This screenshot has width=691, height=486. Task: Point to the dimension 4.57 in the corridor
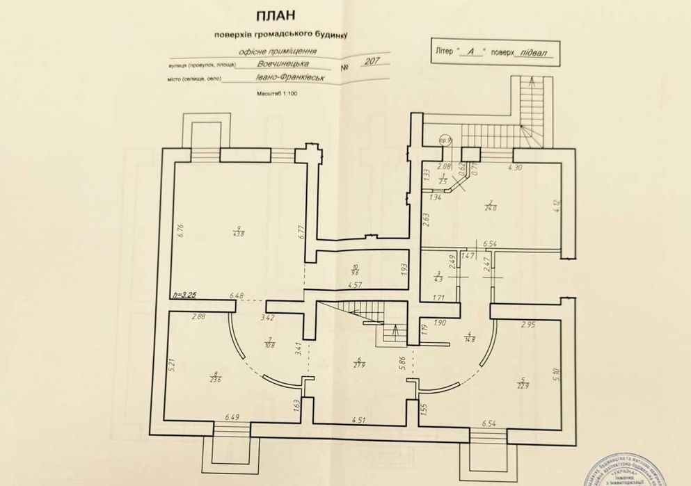(x=356, y=286)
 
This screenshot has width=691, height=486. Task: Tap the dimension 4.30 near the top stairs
(x=516, y=168)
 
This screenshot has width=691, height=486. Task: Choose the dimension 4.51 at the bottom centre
(x=359, y=420)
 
